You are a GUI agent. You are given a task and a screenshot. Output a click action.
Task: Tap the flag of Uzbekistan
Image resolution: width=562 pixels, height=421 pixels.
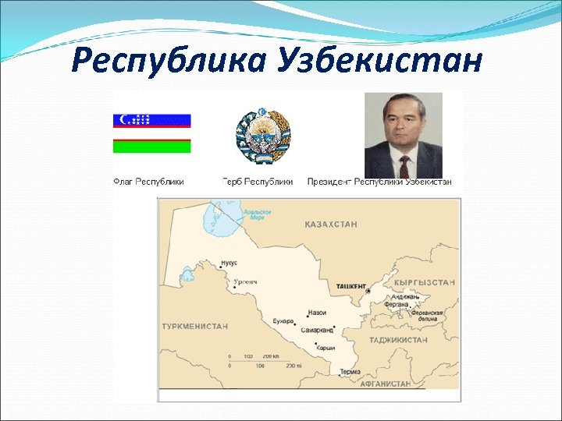tap(152, 133)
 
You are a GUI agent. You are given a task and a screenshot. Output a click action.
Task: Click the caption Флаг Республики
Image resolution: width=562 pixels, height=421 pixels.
tap(149, 182)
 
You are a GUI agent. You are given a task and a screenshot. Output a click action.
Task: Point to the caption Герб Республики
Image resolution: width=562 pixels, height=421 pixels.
tap(258, 182)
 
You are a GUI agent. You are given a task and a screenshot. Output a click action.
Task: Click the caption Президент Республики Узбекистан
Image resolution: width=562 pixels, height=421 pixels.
tap(379, 182)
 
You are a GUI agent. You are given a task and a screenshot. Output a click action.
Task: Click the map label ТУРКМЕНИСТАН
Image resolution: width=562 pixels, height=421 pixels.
tap(195, 326)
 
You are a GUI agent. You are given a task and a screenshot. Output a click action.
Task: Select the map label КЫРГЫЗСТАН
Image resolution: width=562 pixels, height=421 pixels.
tap(425, 282)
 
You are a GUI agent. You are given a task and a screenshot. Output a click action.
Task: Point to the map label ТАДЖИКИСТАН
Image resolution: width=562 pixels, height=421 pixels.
tap(399, 340)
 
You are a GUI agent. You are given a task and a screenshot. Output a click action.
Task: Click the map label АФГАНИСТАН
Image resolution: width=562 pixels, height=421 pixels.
tap(385, 384)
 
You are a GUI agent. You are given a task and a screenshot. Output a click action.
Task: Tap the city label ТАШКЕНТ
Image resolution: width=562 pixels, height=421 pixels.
tap(350, 287)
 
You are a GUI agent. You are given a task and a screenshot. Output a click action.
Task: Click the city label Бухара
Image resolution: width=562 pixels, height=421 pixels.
tap(283, 320)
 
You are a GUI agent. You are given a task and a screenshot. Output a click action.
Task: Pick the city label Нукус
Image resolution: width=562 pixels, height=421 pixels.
tap(229, 263)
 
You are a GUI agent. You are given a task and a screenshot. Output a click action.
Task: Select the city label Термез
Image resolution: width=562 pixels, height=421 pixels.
tap(350, 372)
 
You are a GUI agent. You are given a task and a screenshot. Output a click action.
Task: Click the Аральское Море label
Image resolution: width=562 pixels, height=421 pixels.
tap(258, 214)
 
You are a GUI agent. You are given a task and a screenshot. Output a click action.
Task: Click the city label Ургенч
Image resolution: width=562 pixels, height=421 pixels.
tap(246, 281)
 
